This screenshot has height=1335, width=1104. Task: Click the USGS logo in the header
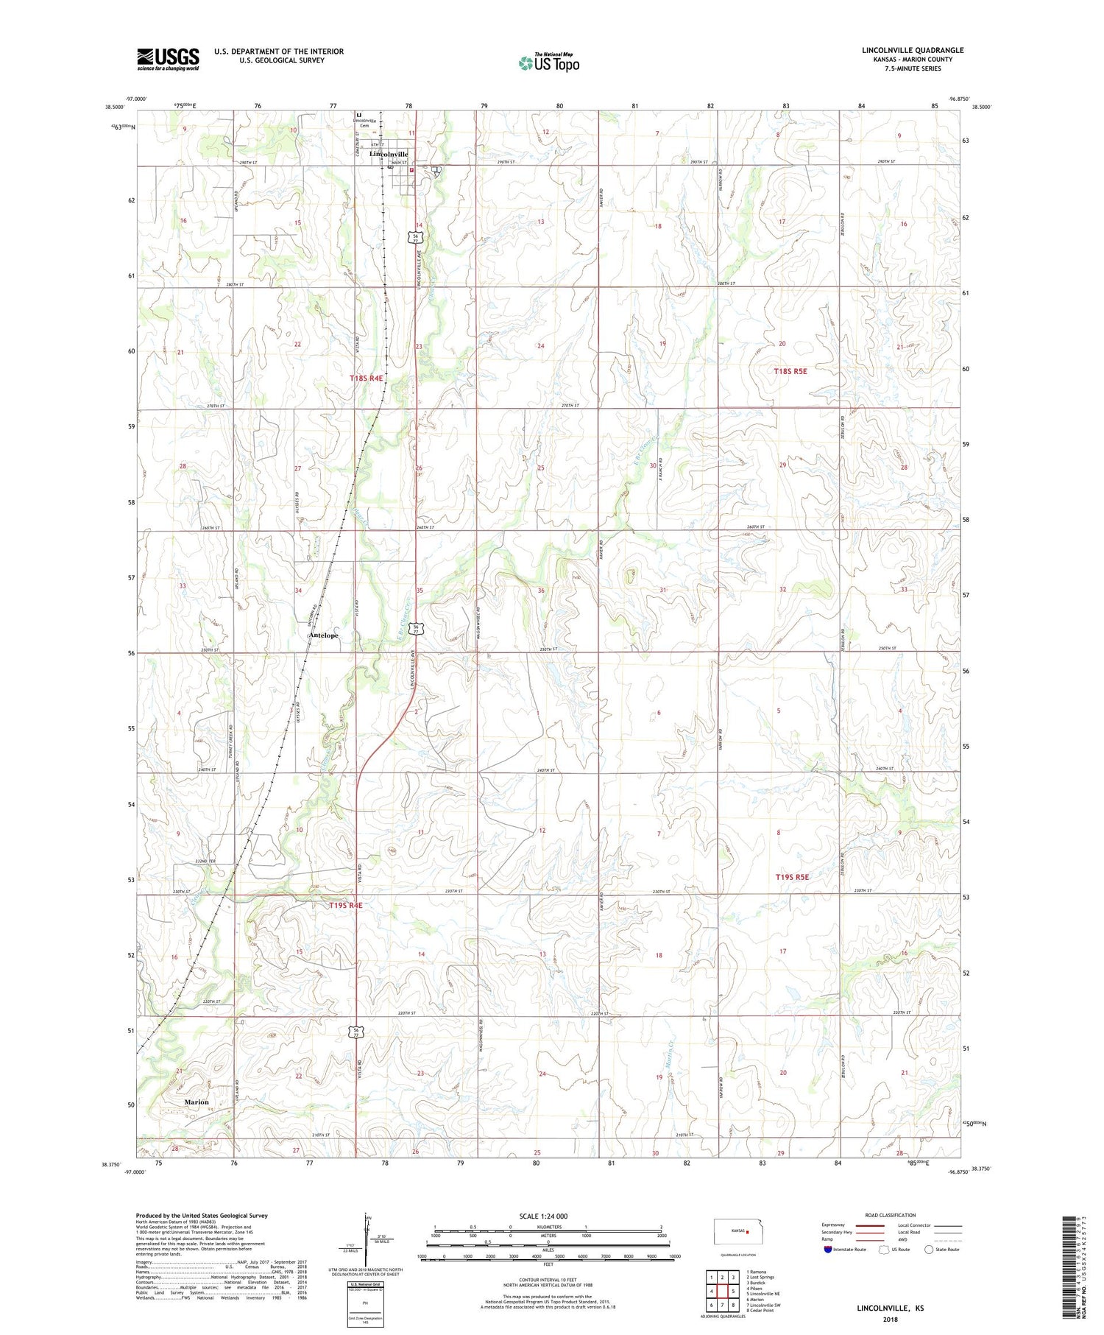point(168,59)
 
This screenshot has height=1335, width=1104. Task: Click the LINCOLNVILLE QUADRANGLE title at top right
point(912,51)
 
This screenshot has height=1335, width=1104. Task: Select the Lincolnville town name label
point(388,154)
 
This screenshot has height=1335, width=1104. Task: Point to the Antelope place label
point(324,635)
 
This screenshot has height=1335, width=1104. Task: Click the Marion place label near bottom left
point(197,1102)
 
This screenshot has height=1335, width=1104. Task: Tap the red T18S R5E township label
point(790,371)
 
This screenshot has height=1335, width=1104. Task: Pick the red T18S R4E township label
point(367,378)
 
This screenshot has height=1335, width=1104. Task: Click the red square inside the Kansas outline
point(747,1230)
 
